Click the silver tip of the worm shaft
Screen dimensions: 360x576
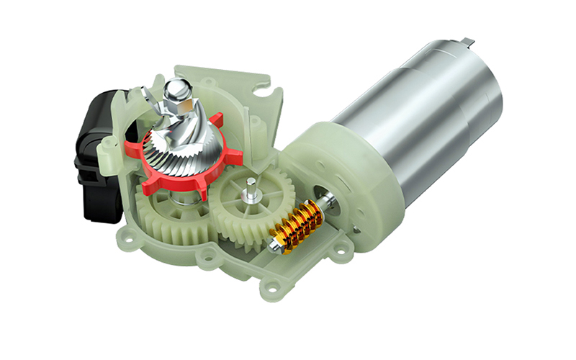pos(274,248)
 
